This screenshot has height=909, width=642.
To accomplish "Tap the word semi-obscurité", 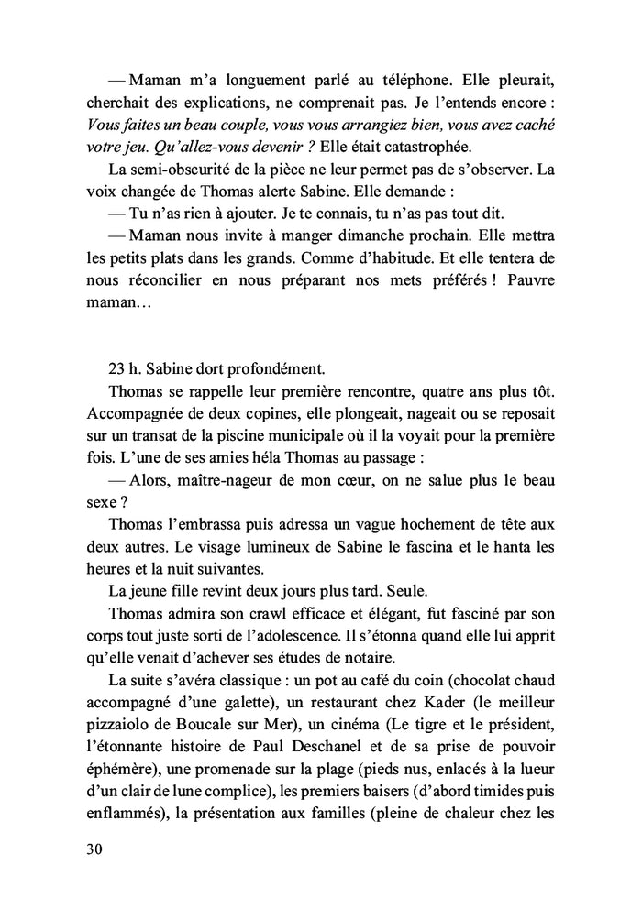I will [189, 170].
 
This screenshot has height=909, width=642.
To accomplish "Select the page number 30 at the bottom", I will [92, 849].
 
